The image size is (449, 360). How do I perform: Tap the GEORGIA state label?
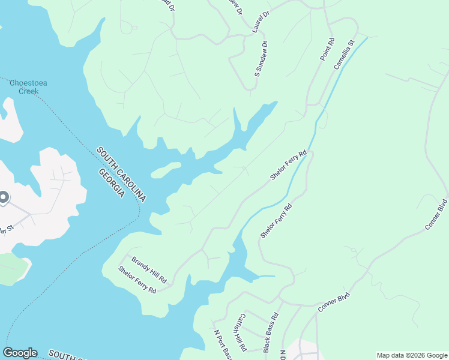pyautogui.click(x=112, y=184)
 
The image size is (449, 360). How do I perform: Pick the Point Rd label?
pyautogui.click(x=327, y=49)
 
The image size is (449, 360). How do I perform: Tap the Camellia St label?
pyautogui.click(x=345, y=55)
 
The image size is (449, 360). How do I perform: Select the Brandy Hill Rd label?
pyautogui.click(x=149, y=271)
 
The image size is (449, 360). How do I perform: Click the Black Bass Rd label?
pyautogui.click(x=271, y=332)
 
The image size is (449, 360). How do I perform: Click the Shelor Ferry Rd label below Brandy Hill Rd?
pyautogui.click(x=137, y=280)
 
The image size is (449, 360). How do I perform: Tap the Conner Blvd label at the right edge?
pyautogui.click(x=436, y=214)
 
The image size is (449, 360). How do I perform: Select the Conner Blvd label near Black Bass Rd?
pyautogui.click(x=333, y=301)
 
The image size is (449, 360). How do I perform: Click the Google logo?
pyautogui.click(x=20, y=353)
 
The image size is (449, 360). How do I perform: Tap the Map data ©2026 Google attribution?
pyautogui.click(x=411, y=355)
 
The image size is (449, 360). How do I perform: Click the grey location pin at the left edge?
pyautogui.click(x=3, y=197)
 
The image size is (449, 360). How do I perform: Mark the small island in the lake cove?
pyautogui.click(x=166, y=170)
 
